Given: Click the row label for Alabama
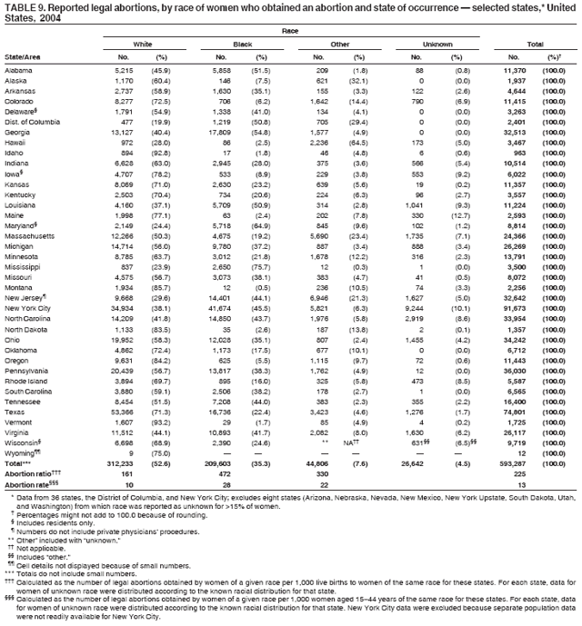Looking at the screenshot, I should pyautogui.click(x=20, y=70).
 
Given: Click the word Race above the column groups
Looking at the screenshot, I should pyautogui.click(x=290, y=30).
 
